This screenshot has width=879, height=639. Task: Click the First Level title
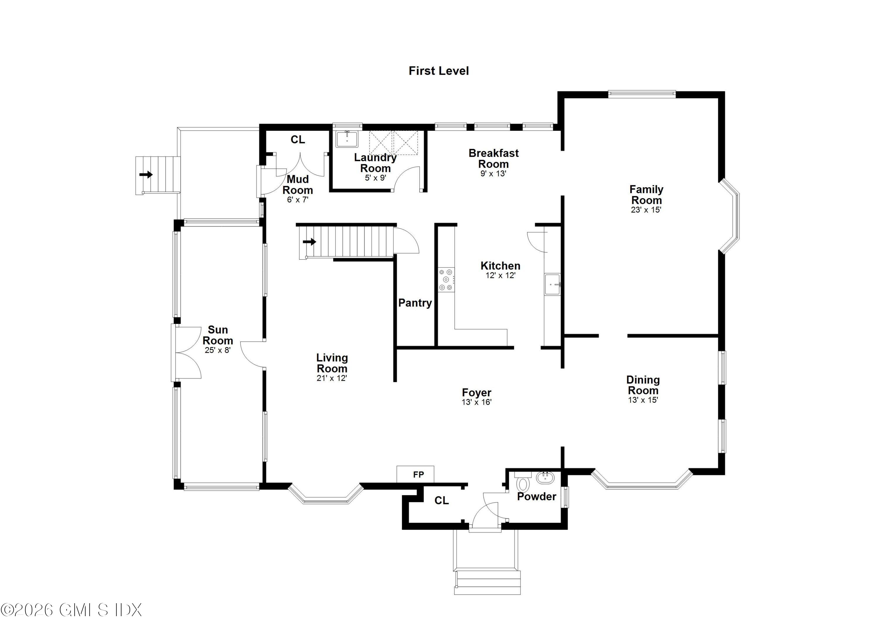pyautogui.click(x=438, y=71)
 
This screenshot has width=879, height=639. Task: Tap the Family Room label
pyautogui.click(x=646, y=195)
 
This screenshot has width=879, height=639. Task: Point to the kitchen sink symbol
pyautogui.click(x=552, y=285)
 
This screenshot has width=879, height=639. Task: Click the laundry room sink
pyautogui.click(x=347, y=139)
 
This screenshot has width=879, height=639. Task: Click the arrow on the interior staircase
pyautogui.click(x=309, y=242)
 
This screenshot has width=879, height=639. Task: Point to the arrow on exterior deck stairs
pyautogui.click(x=146, y=175)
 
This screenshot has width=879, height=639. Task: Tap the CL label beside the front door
pyautogui.click(x=442, y=501)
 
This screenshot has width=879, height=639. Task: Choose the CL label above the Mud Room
pyautogui.click(x=298, y=140)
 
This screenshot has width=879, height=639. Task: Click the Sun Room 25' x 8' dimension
pyautogui.click(x=217, y=350)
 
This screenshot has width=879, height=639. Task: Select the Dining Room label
pyautogui.click(x=643, y=385)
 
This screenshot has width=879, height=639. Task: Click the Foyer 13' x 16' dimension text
pyautogui.click(x=476, y=402)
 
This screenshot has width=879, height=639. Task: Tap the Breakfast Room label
pyautogui.click(x=493, y=158)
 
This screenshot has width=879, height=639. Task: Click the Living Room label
pyautogui.click(x=332, y=363)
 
